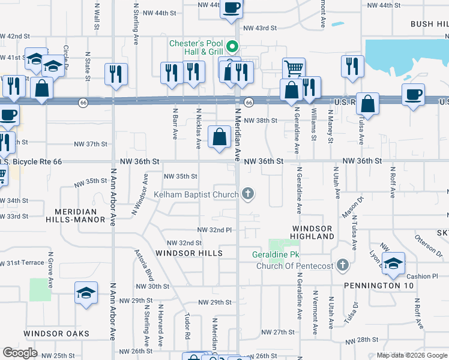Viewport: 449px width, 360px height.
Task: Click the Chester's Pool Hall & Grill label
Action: pos(196,47)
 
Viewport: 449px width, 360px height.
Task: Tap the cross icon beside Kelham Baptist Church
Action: pos(247,194)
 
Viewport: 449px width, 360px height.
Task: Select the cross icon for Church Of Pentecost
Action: pos(342,265)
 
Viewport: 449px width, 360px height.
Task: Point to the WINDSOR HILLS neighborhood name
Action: pos(188,253)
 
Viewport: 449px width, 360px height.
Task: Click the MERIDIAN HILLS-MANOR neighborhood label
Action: pos(76,216)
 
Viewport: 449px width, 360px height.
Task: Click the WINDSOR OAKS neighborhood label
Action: pos(56,333)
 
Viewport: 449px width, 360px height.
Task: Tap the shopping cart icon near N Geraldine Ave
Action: pos(294,68)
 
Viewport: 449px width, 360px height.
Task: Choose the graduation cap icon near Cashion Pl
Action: pos(393,263)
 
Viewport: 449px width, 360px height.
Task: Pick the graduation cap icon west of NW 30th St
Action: pos(86,293)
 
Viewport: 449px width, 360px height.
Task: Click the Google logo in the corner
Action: pos(20,353)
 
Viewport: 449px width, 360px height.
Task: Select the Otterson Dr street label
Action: pos(428,245)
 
